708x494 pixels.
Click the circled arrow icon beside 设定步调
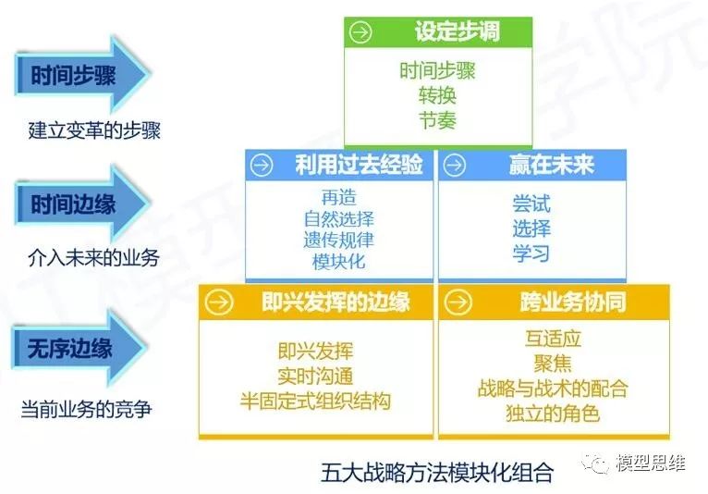coord(360,32)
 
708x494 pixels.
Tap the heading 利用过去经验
coord(359,164)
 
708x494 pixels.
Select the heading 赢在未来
coord(551,164)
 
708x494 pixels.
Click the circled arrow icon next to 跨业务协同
coord(458,302)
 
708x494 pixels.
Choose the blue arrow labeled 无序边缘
coord(79,349)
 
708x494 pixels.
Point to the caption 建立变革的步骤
coord(94,130)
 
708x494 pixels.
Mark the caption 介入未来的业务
coord(93,258)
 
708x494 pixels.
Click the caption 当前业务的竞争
coord(86,410)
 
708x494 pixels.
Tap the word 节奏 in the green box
coord(437,120)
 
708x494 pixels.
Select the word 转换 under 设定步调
coord(437,95)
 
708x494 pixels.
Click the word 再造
coord(338,197)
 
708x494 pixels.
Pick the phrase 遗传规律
coord(338,240)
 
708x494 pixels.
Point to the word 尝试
coord(531,204)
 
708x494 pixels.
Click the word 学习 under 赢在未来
coord(531,253)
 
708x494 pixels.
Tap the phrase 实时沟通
coord(315,377)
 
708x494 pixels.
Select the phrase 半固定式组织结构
coord(315,401)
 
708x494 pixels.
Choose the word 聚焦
coord(553,364)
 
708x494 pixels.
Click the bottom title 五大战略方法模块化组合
coord(437,473)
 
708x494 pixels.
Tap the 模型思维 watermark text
coord(650,463)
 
